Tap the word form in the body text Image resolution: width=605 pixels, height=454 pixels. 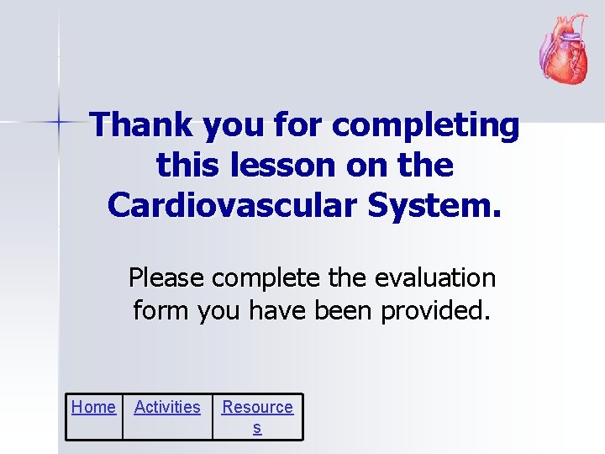(x=161, y=311)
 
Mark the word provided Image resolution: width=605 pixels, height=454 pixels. (x=435, y=311)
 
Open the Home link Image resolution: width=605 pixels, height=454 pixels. (x=93, y=408)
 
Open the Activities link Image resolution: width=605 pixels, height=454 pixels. (x=167, y=408)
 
